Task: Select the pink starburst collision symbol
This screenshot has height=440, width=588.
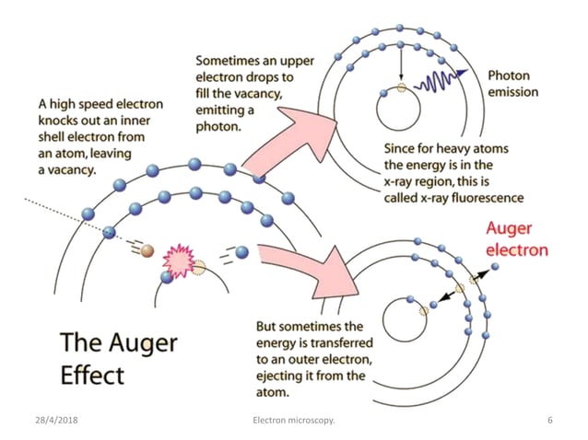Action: coord(177,261)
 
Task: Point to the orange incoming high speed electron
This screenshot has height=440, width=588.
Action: coord(147,251)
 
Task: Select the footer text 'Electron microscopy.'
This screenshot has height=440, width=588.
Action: coord(293,421)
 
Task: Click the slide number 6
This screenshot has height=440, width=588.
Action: coord(549,421)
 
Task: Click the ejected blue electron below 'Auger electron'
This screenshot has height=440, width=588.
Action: coord(496,267)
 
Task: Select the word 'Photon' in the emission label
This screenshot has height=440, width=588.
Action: coord(508,75)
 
